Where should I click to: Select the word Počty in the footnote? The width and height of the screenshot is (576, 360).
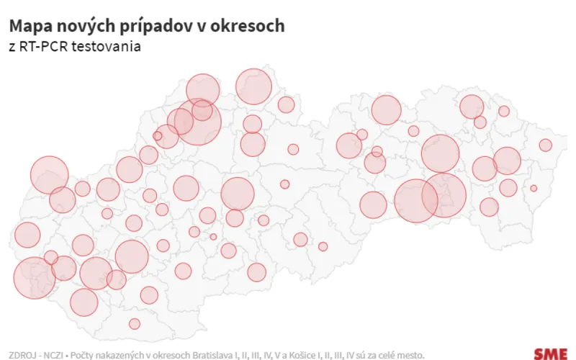click(x=81, y=355)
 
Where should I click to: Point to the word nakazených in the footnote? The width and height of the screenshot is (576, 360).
click(x=118, y=355)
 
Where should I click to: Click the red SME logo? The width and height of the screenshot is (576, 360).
click(x=550, y=354)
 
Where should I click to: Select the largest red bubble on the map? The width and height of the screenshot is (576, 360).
click(x=197, y=122)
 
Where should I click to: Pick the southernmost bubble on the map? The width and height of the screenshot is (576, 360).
click(x=134, y=323)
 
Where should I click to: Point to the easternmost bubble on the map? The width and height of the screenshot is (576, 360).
click(x=545, y=145)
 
